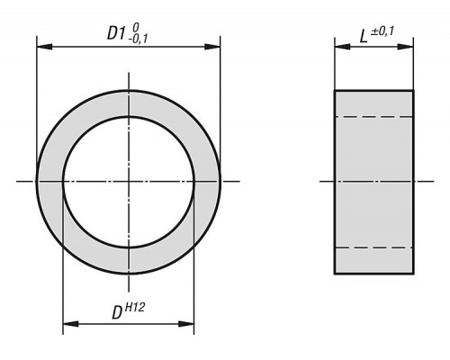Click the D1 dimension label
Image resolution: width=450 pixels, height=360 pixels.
pos(116,33)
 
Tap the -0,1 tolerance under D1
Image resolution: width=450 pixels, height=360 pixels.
pos(138,40)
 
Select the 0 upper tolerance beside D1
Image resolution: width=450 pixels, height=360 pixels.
pos(136,28)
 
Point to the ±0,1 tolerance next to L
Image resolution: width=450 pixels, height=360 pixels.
pos(382,31)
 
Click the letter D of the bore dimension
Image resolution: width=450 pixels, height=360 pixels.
pos(117,313)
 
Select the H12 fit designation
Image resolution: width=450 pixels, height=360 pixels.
pos(134,307)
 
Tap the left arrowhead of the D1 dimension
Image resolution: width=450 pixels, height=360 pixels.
pos(44,47)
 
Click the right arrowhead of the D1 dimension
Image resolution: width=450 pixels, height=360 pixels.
pos(212,47)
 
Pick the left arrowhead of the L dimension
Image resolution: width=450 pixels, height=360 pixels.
pos(342,47)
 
